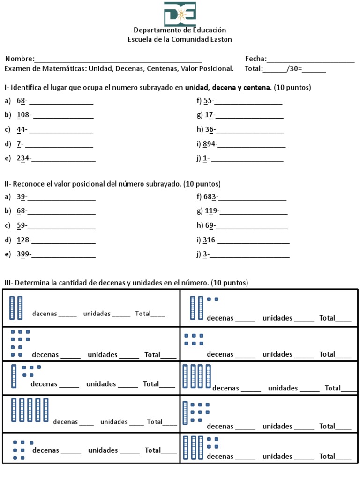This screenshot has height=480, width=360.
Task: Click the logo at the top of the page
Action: [x=180, y=14]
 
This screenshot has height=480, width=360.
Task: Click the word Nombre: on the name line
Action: [x=20, y=59]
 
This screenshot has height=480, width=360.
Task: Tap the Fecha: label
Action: [x=255, y=59]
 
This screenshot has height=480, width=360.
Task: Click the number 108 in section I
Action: [x=23, y=115]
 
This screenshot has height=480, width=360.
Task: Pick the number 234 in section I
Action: [x=23, y=158]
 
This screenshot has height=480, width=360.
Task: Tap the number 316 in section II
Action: [x=209, y=241]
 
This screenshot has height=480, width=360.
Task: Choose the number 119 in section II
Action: [x=211, y=212]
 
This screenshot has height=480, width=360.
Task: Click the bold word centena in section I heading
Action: [x=257, y=88]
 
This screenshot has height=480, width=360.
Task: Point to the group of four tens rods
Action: [x=197, y=376]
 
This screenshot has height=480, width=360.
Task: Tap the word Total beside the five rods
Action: [x=154, y=422]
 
